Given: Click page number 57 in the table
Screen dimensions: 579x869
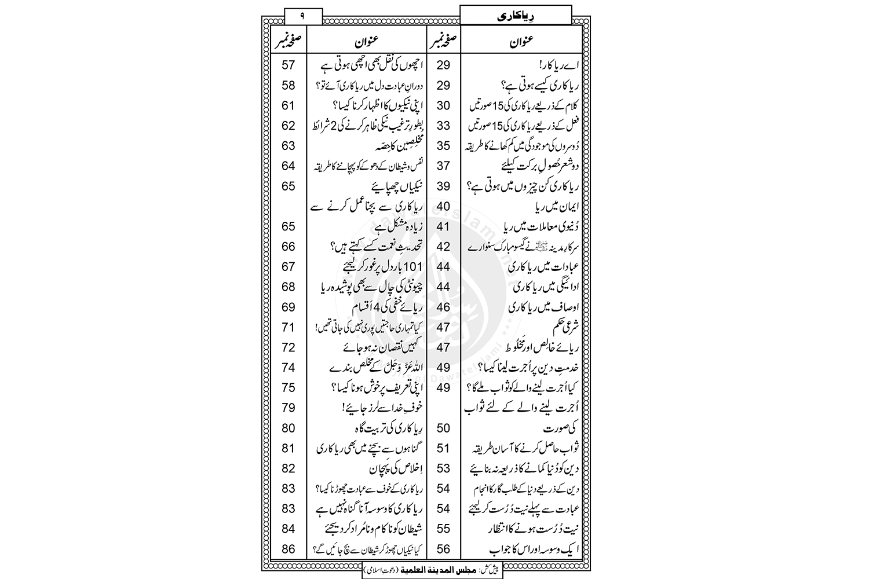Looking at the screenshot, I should coord(289,65).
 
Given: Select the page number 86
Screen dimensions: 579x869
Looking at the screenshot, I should coord(289,549).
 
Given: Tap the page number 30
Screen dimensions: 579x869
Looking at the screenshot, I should coord(443,105).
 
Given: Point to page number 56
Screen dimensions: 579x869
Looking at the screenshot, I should coord(443,549).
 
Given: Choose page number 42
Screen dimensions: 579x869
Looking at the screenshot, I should coord(443,247).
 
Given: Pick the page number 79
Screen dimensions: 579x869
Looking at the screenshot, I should coord(289,408).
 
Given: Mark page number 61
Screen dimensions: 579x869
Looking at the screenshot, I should coord(289,105).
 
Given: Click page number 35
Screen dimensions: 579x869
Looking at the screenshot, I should coord(443,146).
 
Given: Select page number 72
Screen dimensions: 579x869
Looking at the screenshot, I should coord(289,347).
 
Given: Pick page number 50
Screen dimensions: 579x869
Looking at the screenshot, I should coord(443,428).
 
